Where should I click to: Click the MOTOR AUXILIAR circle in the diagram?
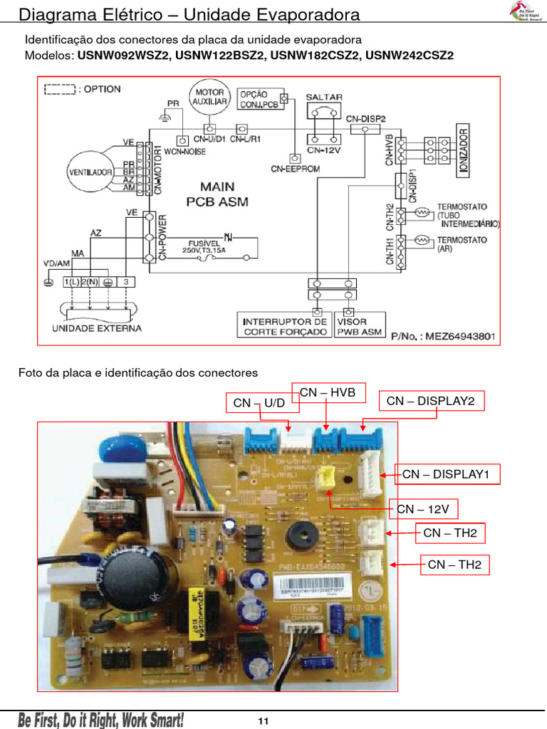pyautogui.click(x=209, y=97)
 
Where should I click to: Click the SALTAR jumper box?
pyautogui.click(x=324, y=110)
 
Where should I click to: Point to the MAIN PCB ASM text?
pyautogui.click(x=217, y=194)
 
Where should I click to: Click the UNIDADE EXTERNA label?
pyautogui.click(x=97, y=328)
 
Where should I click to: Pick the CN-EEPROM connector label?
pyautogui.click(x=295, y=169)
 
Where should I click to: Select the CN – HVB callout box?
pyautogui.click(x=328, y=392)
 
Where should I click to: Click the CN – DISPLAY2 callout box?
pyautogui.click(x=431, y=402)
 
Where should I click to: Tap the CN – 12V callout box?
pyautogui.click(x=423, y=509)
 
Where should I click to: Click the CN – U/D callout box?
pyautogui.click(x=259, y=403)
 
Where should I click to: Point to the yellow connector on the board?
pyautogui.click(x=326, y=478)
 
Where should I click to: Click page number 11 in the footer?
pyautogui.click(x=263, y=722)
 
